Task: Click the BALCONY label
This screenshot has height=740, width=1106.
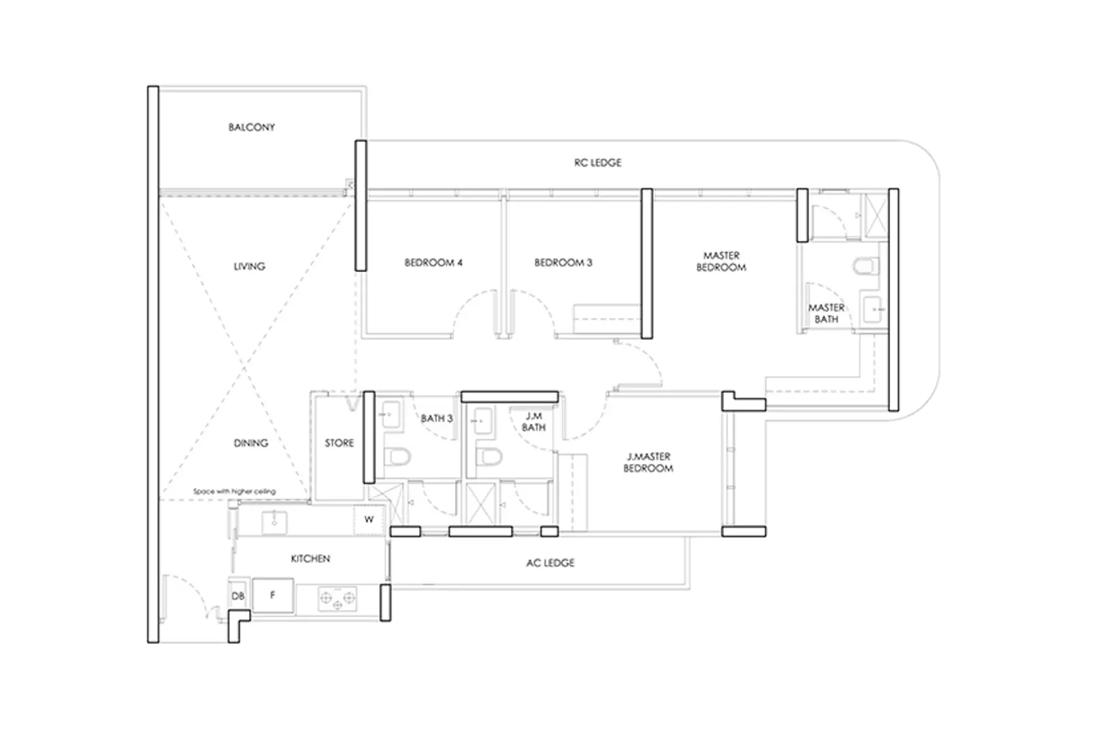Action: click(252, 127)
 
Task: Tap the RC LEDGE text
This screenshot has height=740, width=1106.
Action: click(598, 163)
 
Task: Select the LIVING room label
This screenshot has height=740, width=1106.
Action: click(249, 267)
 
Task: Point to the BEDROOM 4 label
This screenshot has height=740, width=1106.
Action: click(433, 262)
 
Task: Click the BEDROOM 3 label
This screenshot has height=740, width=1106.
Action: click(563, 262)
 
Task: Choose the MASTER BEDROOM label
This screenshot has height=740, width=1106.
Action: click(721, 261)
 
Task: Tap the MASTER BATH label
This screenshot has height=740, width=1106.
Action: click(826, 314)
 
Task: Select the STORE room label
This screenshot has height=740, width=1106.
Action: click(339, 443)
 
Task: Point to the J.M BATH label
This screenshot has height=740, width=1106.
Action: click(533, 421)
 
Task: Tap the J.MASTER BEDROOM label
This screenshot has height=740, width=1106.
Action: click(648, 463)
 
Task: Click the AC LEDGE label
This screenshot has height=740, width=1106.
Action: click(550, 563)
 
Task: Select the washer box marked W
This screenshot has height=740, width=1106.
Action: click(369, 520)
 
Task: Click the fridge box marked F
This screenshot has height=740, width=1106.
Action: click(273, 595)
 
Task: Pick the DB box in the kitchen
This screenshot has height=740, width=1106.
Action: click(237, 596)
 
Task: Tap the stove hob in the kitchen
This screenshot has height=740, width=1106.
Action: click(337, 598)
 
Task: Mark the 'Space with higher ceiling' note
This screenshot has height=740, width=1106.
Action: click(234, 491)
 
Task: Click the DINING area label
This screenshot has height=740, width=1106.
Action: click(250, 443)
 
